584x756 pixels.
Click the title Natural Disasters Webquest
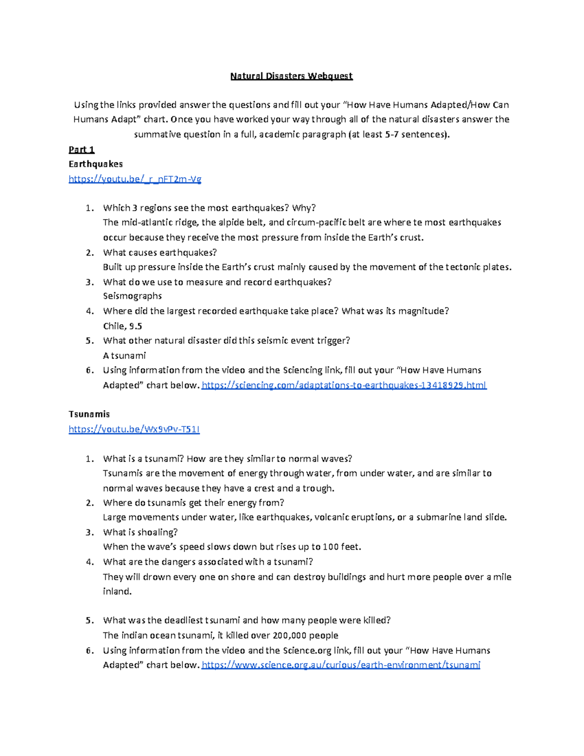pos(291,76)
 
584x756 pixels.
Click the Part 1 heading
pos(81,149)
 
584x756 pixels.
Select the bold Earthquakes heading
pos(95,164)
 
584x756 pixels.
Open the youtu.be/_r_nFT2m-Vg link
pos(135,179)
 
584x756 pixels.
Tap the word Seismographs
pos(132,296)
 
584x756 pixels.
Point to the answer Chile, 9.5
pos(123,326)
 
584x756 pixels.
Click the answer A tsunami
pos(124,355)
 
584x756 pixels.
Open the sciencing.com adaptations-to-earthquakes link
pos(344,385)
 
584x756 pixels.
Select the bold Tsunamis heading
pos(89,414)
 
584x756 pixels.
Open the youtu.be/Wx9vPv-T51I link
pos(134,429)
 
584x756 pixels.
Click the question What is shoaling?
pos(140,532)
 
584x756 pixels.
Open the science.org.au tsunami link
pos(341,665)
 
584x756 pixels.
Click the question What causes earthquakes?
pos(160,253)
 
